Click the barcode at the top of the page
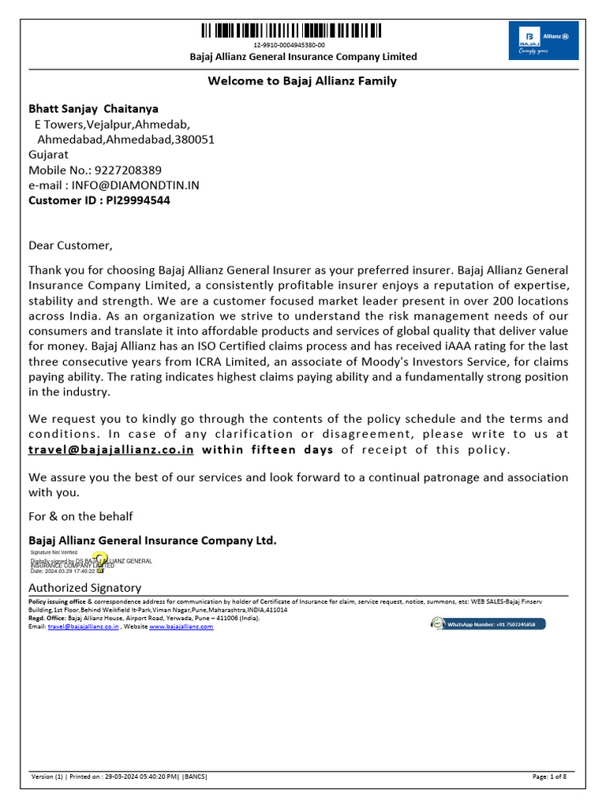[290, 31]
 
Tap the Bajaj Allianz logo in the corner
[544, 41]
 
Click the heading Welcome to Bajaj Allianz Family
[302, 80]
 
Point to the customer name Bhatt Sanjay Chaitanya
[94, 109]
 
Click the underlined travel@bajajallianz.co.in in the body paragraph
[111, 450]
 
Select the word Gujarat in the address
[49, 155]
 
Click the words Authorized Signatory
[85, 588]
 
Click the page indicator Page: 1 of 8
[554, 777]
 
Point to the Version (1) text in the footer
[47, 777]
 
